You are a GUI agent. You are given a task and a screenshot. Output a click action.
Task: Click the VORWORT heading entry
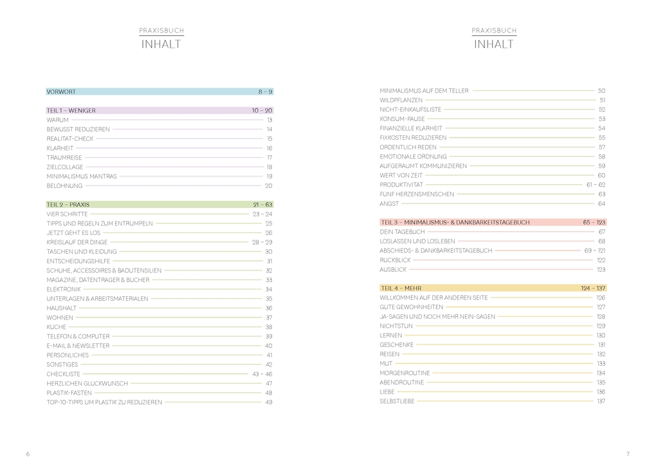pos(61,92)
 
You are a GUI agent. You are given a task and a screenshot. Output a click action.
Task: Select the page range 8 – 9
pos(266,92)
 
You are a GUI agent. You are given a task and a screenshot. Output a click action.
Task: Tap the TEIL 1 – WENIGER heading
pos(71,111)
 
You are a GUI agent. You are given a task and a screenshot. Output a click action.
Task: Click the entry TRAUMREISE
pos(64,158)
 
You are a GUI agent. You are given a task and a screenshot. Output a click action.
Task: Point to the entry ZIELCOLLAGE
pos(66,167)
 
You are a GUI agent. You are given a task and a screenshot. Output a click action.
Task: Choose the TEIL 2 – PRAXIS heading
pos(68,205)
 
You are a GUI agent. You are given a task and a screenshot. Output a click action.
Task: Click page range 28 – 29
pos(262,242)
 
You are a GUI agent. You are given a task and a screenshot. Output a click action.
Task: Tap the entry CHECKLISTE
pos(64,373)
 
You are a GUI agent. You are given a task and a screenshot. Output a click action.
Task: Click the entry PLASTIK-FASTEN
pos(69,393)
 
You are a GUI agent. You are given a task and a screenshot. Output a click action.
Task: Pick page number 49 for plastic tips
pos(269,402)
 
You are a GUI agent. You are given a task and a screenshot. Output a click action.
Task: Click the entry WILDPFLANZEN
pos(401,100)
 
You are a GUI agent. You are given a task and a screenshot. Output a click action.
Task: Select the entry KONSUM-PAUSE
pos(403,119)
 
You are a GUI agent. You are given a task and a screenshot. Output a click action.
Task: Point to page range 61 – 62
pos(596,185)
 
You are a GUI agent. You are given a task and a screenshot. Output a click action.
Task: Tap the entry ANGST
pos(389,203)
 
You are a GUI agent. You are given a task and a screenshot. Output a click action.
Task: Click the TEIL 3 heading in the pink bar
pos(455,222)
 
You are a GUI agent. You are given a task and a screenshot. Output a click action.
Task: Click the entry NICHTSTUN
pos(396,326)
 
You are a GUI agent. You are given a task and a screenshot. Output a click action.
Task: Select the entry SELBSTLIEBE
pos(397,401)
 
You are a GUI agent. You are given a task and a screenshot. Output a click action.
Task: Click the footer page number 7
pos(628,454)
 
